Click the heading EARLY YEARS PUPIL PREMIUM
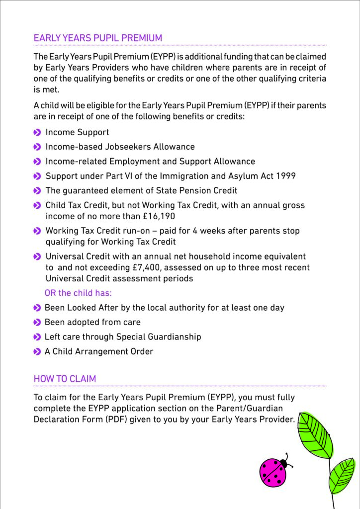click(97, 38)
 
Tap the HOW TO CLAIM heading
click(65, 379)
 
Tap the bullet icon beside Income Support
click(37, 133)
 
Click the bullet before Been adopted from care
click(37, 323)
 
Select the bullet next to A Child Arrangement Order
click(37, 352)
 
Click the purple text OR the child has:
click(78, 293)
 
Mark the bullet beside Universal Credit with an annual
click(37, 256)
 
